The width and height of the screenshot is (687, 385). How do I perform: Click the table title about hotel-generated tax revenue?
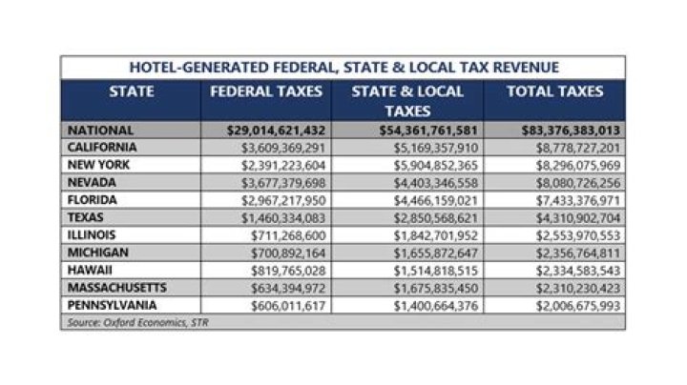tap(343, 68)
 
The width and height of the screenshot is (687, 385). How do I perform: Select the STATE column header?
tap(133, 92)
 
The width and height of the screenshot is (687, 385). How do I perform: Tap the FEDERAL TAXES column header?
tap(266, 92)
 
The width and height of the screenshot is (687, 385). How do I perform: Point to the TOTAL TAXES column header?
tap(554, 92)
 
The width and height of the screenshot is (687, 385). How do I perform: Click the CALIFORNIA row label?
tap(103, 148)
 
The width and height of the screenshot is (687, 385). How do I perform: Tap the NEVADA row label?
tap(94, 183)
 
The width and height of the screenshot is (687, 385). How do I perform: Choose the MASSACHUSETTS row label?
tap(116, 287)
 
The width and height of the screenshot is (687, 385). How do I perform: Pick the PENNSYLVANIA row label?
tap(114, 305)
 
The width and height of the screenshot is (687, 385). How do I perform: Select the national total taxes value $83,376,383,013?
tap(563, 130)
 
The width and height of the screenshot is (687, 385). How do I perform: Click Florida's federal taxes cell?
tap(286, 200)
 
